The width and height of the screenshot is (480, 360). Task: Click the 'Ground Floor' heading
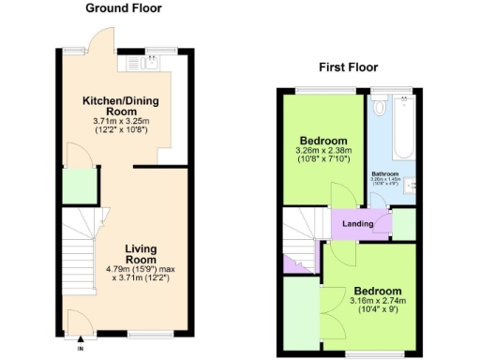[x=123, y=8]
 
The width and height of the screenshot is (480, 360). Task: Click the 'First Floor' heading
[x=348, y=67]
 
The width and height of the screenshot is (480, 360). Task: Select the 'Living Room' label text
[x=141, y=252]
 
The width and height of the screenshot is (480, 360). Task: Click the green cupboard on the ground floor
[x=80, y=186]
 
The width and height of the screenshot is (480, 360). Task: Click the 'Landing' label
[x=358, y=224]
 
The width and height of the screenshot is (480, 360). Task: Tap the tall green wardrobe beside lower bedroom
[x=302, y=314]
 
